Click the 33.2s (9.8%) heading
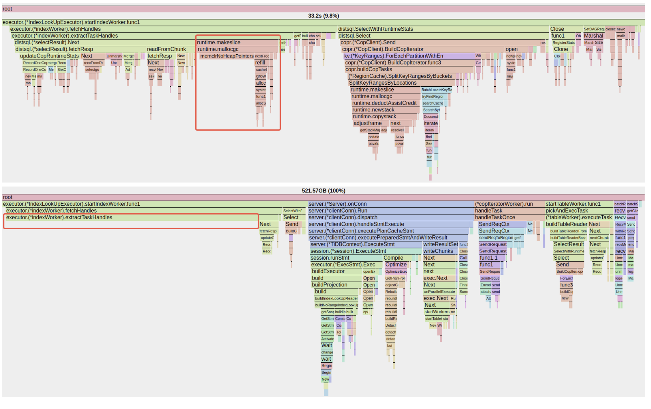click(323, 16)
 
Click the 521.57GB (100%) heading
click(323, 191)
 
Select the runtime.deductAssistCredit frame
click(385, 103)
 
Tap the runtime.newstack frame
click(373, 110)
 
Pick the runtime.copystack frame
click(374, 117)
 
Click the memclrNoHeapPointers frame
click(227, 56)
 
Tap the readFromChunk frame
click(166, 50)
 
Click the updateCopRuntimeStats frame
click(49, 56)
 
